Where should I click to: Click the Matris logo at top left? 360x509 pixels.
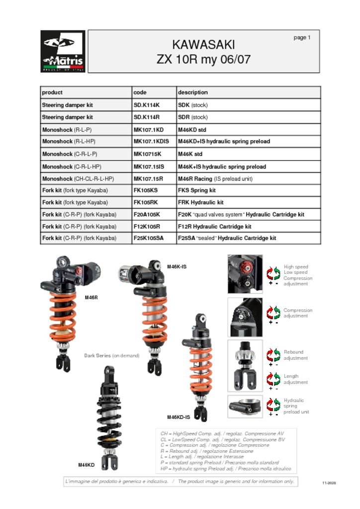point(63,51)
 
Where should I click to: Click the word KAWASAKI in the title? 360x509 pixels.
point(203,45)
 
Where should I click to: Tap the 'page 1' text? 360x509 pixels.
point(302,38)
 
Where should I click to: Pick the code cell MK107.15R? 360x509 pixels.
point(148,178)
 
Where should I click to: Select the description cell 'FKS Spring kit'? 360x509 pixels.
point(196,190)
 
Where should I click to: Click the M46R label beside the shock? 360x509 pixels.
point(91,297)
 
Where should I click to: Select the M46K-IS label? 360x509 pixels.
point(177,267)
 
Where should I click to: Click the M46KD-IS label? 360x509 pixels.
point(178,417)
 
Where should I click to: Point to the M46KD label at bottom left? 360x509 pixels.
point(86,465)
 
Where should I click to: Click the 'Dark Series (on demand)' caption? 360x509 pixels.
point(111,355)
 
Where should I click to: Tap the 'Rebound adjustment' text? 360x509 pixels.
point(293,355)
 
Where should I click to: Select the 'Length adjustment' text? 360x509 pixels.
point(295,379)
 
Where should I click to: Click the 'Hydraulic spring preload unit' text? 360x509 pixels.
point(296,406)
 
